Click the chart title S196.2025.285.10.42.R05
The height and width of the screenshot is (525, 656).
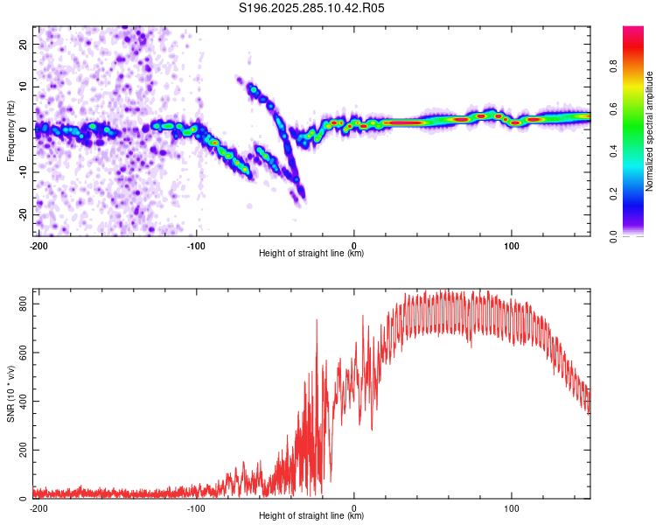(312, 8)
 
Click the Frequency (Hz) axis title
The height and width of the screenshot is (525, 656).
(10, 129)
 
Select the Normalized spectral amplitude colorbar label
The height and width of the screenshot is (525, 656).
(650, 131)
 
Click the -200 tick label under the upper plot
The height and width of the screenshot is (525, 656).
(38, 245)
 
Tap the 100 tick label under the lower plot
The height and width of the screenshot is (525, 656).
(512, 508)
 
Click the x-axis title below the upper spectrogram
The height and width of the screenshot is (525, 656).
(311, 254)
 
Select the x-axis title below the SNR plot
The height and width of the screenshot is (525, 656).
(311, 516)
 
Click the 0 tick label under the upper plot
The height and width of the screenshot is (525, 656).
(354, 245)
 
